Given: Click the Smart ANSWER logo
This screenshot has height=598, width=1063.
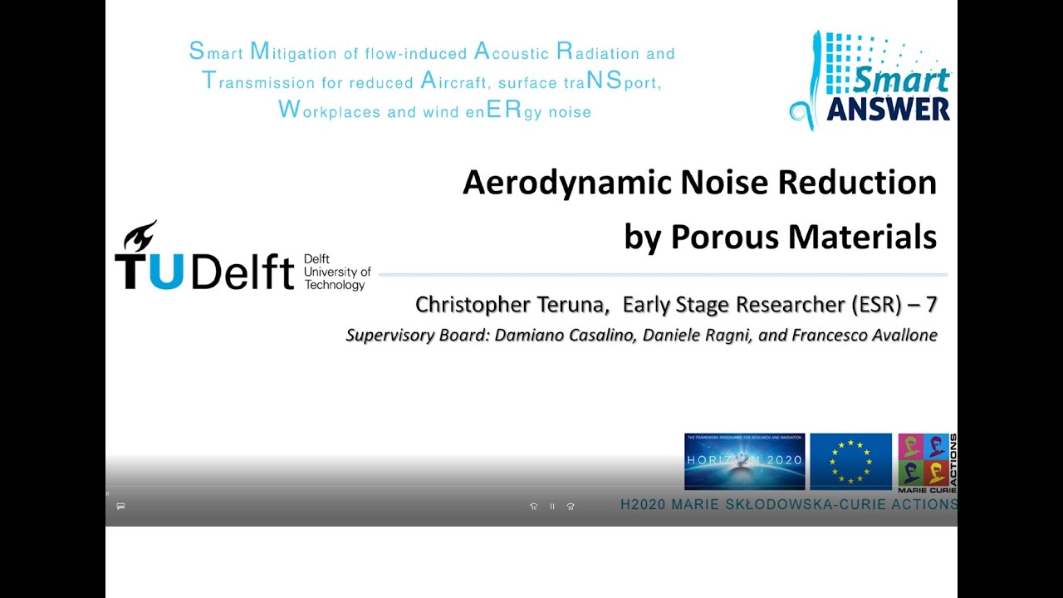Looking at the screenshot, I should (870, 81).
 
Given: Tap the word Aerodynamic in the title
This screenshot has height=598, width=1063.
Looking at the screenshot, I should (566, 182).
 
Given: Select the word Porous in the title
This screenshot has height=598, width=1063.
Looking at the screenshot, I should (723, 237).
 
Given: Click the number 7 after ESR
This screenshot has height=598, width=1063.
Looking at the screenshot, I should (931, 305).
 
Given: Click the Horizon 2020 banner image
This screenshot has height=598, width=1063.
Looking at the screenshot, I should (744, 461).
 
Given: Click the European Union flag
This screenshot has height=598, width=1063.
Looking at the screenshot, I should (850, 461).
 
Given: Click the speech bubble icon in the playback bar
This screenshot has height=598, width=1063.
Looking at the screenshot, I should (120, 506).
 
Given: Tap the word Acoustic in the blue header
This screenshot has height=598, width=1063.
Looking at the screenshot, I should (512, 53).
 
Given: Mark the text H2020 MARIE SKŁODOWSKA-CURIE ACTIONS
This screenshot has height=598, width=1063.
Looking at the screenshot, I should (788, 504).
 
